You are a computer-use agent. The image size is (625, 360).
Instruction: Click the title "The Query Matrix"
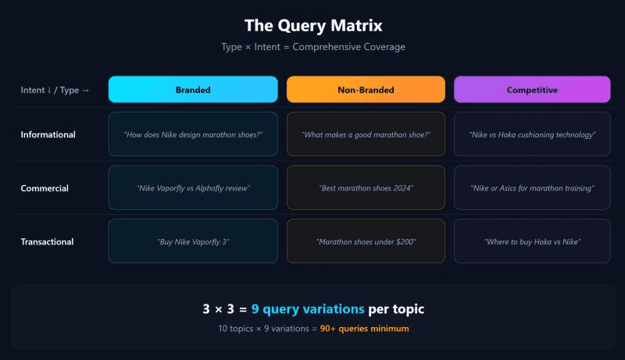(312, 26)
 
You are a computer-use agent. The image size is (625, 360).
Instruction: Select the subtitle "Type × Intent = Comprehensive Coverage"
(312, 47)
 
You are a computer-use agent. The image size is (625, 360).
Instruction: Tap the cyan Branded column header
(193, 90)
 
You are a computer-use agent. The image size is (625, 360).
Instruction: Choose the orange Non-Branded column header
(366, 90)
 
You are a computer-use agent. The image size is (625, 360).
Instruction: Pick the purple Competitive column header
(532, 90)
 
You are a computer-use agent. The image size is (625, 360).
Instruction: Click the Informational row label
(48, 134)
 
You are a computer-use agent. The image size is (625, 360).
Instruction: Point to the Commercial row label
(45, 188)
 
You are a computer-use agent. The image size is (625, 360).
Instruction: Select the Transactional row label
(47, 241)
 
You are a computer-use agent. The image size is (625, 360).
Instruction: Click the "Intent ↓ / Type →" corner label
(55, 90)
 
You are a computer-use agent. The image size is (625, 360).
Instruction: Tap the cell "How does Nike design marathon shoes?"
(193, 134)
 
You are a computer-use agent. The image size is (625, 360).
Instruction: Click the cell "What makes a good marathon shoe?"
(366, 134)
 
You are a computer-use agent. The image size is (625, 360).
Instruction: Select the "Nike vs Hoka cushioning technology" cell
(532, 134)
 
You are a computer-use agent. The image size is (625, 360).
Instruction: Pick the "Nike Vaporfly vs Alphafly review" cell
(193, 188)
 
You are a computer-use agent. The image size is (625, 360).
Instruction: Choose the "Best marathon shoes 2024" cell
(366, 188)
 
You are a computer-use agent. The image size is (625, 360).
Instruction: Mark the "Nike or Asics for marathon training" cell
(532, 188)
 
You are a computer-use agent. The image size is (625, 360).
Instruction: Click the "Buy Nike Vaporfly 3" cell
(193, 241)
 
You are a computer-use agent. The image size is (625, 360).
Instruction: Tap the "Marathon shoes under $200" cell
(366, 241)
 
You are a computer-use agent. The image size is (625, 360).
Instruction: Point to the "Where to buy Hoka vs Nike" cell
(532, 241)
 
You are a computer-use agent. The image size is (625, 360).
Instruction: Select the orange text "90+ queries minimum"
(364, 329)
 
